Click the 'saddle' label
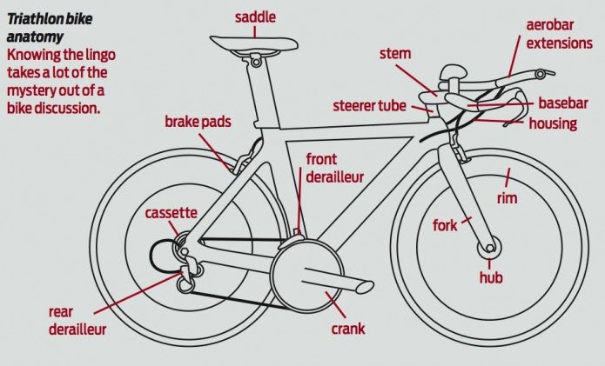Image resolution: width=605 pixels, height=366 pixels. tap(255, 17)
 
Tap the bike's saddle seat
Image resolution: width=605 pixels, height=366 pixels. tap(254, 43)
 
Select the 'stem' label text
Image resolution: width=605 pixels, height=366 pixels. tap(395, 54)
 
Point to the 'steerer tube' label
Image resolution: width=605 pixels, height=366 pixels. tap(369, 105)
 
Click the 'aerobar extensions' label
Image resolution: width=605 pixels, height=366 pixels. tap(559, 34)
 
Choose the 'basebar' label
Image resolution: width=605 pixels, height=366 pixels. tap(563, 103)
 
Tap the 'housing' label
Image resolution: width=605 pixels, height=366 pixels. tap(553, 123)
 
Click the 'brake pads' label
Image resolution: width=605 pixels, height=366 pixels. tap(198, 122)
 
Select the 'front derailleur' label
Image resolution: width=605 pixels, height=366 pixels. tap(335, 168)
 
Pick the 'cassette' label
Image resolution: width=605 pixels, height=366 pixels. tap(171, 213)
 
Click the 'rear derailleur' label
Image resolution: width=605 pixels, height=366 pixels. tap(77, 321)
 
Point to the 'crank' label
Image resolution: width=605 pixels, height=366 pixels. tap(348, 329)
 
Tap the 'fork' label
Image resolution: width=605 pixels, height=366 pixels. tap(445, 225)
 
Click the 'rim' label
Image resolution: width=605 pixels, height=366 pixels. tap(507, 198)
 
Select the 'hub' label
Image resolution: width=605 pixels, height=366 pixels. tap(491, 277)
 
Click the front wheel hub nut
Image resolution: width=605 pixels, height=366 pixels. tap(490, 248)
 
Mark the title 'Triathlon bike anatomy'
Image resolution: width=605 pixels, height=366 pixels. tap(50, 28)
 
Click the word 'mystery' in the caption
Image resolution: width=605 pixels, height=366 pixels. tap(30, 91)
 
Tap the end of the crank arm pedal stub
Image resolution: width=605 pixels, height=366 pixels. tap(366, 288)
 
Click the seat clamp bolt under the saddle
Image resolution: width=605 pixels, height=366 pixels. tap(255, 62)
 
